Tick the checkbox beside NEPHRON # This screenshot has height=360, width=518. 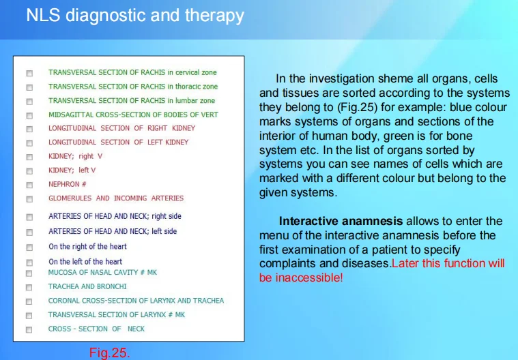coord(29,185)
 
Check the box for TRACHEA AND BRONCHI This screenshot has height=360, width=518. coord(29,287)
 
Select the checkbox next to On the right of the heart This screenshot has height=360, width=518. coord(29,247)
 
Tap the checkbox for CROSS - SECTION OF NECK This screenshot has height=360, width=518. coord(29,329)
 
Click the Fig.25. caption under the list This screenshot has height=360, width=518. coord(109,352)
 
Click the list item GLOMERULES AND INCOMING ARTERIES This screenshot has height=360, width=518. coord(116,198)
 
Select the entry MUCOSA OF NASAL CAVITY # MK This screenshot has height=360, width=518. coord(102,272)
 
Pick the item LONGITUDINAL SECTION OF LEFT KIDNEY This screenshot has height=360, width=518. coord(118,142)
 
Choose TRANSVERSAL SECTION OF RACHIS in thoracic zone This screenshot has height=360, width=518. coord(133,87)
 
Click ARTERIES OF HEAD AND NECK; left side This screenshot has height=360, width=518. coord(112,231)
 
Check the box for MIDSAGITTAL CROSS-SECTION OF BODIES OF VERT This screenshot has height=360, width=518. coord(29,115)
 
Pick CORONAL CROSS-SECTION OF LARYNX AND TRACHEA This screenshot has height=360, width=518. coord(136,301)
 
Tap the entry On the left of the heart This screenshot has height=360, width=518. coord(85,261)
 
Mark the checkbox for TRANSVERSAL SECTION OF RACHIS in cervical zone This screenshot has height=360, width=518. coord(29,73)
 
